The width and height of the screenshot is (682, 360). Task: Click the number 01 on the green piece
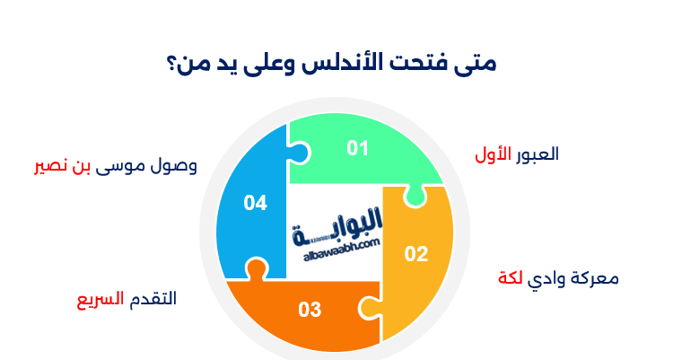click(x=358, y=148)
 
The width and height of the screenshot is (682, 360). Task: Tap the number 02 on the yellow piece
click(x=416, y=254)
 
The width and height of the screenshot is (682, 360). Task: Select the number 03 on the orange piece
click(x=310, y=311)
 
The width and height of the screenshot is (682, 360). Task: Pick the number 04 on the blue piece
click(x=256, y=204)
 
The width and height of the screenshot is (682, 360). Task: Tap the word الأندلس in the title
click(x=356, y=65)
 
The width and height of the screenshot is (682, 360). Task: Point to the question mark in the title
click(x=171, y=66)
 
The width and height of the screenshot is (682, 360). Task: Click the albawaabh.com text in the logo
click(x=337, y=243)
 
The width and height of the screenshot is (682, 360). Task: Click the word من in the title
click(x=191, y=66)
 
